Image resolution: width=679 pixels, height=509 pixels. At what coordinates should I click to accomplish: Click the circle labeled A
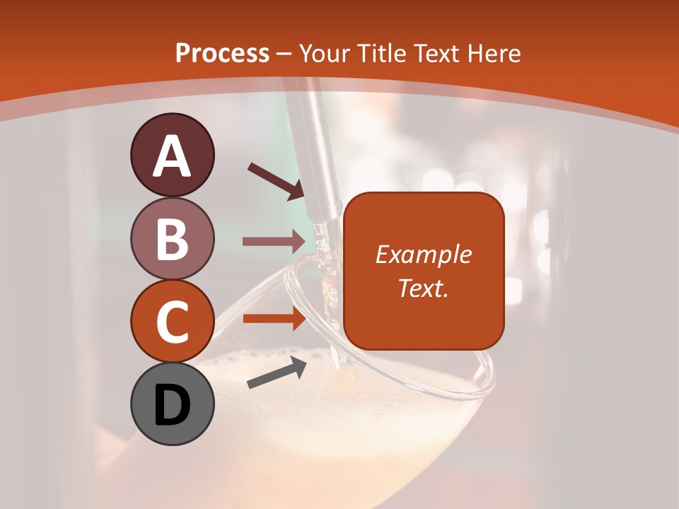click(x=172, y=155)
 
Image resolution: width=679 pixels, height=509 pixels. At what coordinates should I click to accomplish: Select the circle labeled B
click(x=172, y=238)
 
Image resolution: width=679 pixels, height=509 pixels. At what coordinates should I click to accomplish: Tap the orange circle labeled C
click(x=172, y=322)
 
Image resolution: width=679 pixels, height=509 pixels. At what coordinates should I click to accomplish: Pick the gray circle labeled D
click(x=172, y=404)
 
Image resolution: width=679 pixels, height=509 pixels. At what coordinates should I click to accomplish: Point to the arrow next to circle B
click(x=274, y=242)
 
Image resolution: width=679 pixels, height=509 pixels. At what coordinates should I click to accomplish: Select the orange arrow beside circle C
click(x=274, y=318)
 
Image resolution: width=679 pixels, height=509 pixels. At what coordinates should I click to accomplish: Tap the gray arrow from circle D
click(x=276, y=373)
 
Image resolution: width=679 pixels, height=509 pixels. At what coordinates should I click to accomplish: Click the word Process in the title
click(x=222, y=53)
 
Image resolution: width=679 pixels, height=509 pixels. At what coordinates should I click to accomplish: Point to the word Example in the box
click(x=423, y=255)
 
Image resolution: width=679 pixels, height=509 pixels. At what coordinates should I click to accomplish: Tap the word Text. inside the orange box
click(x=423, y=288)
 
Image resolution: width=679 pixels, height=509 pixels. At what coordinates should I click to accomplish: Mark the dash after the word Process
click(x=284, y=54)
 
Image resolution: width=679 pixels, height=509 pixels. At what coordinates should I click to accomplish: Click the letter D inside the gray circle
click(x=172, y=406)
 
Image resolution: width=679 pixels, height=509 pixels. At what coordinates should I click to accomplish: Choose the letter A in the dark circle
click(x=172, y=156)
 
